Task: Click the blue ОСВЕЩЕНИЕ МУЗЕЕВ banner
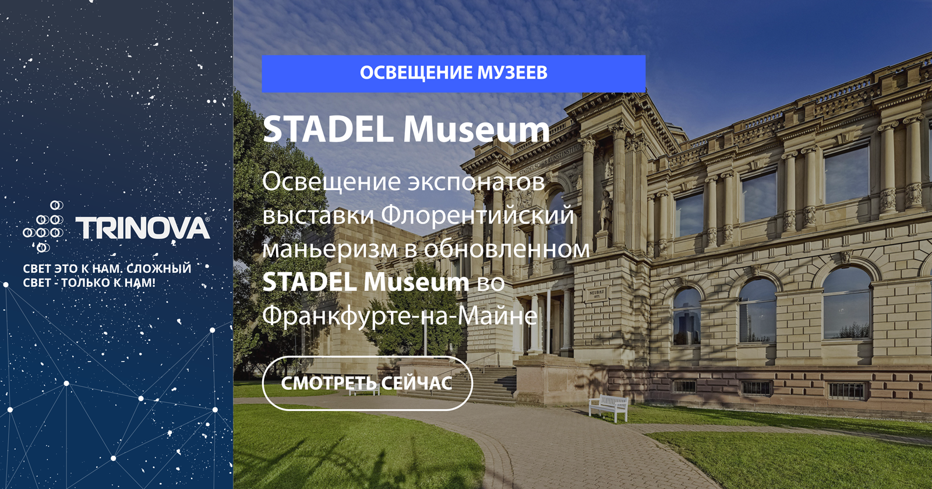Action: (454, 73)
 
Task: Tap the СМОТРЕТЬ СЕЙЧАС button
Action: (368, 384)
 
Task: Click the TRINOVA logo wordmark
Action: (142, 228)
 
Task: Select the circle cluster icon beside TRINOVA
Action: (43, 226)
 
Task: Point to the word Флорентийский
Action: (478, 215)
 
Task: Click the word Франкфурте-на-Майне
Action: (400, 316)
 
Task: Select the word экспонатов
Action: (475, 182)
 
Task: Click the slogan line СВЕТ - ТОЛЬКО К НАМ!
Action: (89, 283)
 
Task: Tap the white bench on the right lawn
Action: (609, 407)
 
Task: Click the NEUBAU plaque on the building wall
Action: (598, 294)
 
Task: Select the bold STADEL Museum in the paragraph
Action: (366, 282)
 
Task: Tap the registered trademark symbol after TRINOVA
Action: (207, 219)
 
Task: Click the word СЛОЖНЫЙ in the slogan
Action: (159, 269)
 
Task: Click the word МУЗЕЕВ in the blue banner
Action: (512, 73)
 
